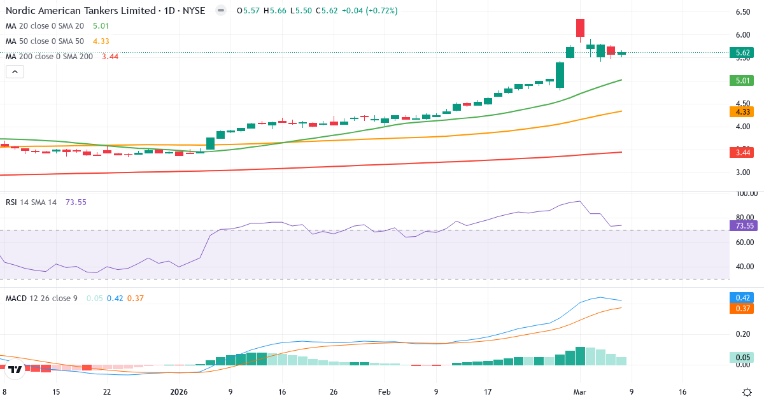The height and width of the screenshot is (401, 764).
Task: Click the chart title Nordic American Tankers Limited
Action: (80, 11)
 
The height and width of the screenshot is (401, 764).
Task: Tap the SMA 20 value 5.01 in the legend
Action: (101, 26)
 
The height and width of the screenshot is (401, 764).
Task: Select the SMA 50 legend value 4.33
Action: (101, 41)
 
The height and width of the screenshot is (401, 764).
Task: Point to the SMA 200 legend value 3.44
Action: (110, 57)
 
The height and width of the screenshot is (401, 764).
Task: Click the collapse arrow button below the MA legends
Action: (15, 72)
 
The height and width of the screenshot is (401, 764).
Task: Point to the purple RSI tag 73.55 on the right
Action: (744, 225)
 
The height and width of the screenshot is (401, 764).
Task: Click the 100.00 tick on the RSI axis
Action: (744, 193)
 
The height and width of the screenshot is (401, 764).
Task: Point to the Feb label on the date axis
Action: (384, 392)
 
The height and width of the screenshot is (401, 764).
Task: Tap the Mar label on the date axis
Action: (579, 392)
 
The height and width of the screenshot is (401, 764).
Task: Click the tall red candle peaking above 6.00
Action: (580, 28)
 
